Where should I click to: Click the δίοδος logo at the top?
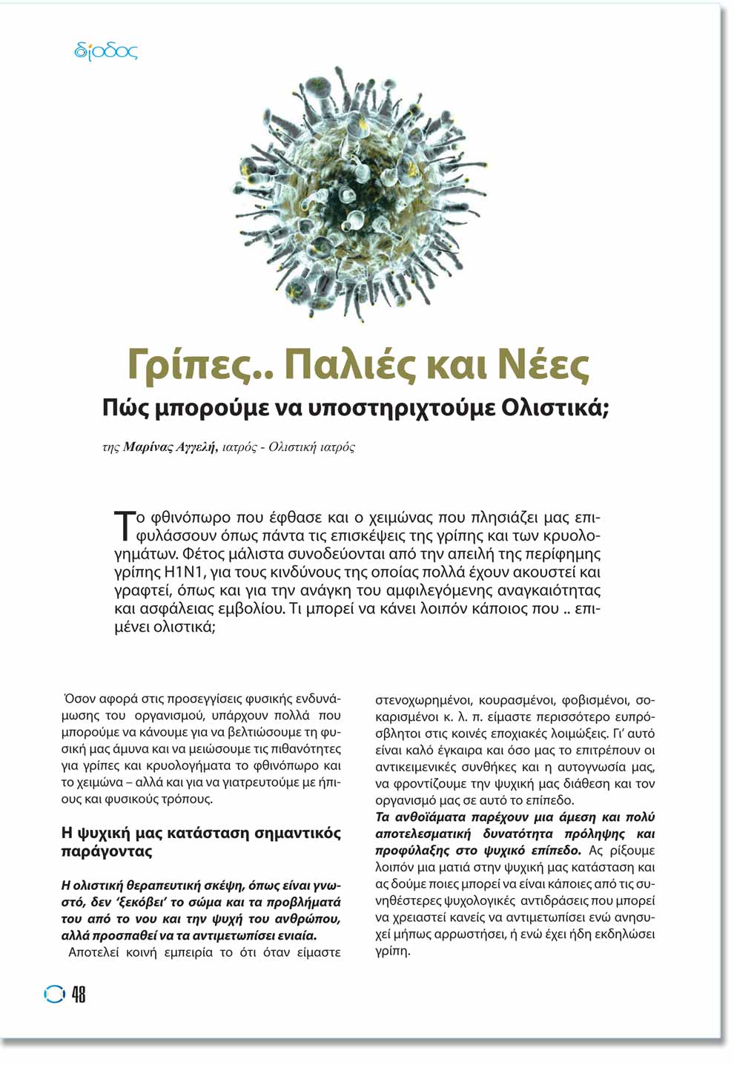click(x=106, y=51)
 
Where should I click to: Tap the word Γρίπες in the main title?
click(x=198, y=365)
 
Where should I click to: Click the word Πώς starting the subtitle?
click(x=123, y=408)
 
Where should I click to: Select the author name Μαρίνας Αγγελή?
click(x=170, y=447)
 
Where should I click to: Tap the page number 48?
click(x=79, y=995)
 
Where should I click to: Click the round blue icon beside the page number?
click(x=54, y=995)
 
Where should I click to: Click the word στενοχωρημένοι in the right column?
click(x=423, y=699)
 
